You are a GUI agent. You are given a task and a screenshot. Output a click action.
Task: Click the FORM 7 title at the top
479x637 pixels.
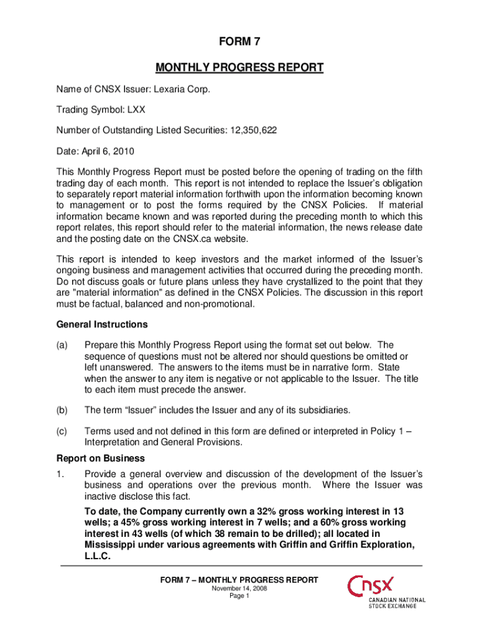click(x=240, y=42)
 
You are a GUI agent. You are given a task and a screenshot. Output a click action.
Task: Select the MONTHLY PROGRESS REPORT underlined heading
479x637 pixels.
click(x=240, y=67)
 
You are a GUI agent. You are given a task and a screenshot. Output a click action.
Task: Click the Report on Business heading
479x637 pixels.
click(x=91, y=458)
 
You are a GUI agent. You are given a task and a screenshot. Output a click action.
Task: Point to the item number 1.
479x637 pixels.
click(x=60, y=473)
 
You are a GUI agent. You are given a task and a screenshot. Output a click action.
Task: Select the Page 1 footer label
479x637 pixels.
click(x=240, y=596)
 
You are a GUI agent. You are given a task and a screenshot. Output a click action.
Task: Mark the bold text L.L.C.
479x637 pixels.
click(x=98, y=557)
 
